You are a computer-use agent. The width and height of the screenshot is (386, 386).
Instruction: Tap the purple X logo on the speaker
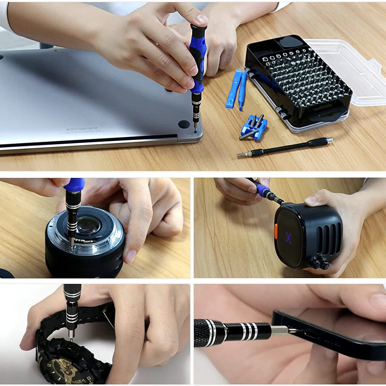coord(289,237)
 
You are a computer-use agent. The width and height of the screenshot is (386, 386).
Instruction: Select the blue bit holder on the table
coord(254,128)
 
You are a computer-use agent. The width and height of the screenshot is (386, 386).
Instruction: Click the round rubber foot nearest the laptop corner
coord(184,124)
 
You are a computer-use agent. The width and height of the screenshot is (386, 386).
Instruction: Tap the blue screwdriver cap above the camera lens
coord(75,185)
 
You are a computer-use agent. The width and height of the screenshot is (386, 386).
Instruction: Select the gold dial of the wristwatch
coord(64,370)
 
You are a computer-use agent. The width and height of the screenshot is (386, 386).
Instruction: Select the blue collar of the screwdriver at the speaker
coord(263,190)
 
